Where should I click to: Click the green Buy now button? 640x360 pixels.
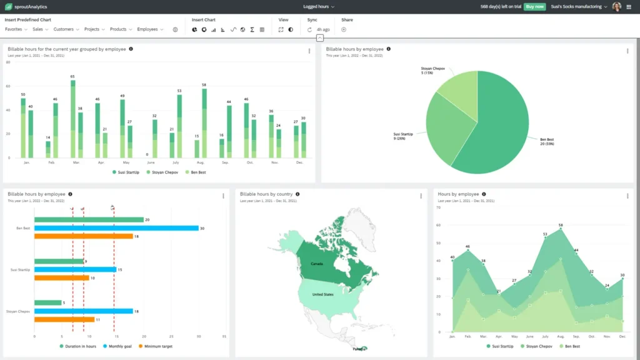[534, 6]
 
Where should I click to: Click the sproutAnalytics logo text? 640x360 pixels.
[31, 6]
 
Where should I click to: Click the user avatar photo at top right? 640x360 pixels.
[616, 6]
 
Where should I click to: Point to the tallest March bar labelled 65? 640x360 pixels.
[72, 119]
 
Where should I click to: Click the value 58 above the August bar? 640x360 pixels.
[204, 84]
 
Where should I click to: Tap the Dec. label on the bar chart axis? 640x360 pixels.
[299, 162]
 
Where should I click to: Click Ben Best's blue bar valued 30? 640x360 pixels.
[116, 228]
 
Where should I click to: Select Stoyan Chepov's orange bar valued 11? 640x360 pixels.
[64, 319]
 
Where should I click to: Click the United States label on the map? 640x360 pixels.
[323, 294]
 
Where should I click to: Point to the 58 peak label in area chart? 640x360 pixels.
[561, 225]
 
